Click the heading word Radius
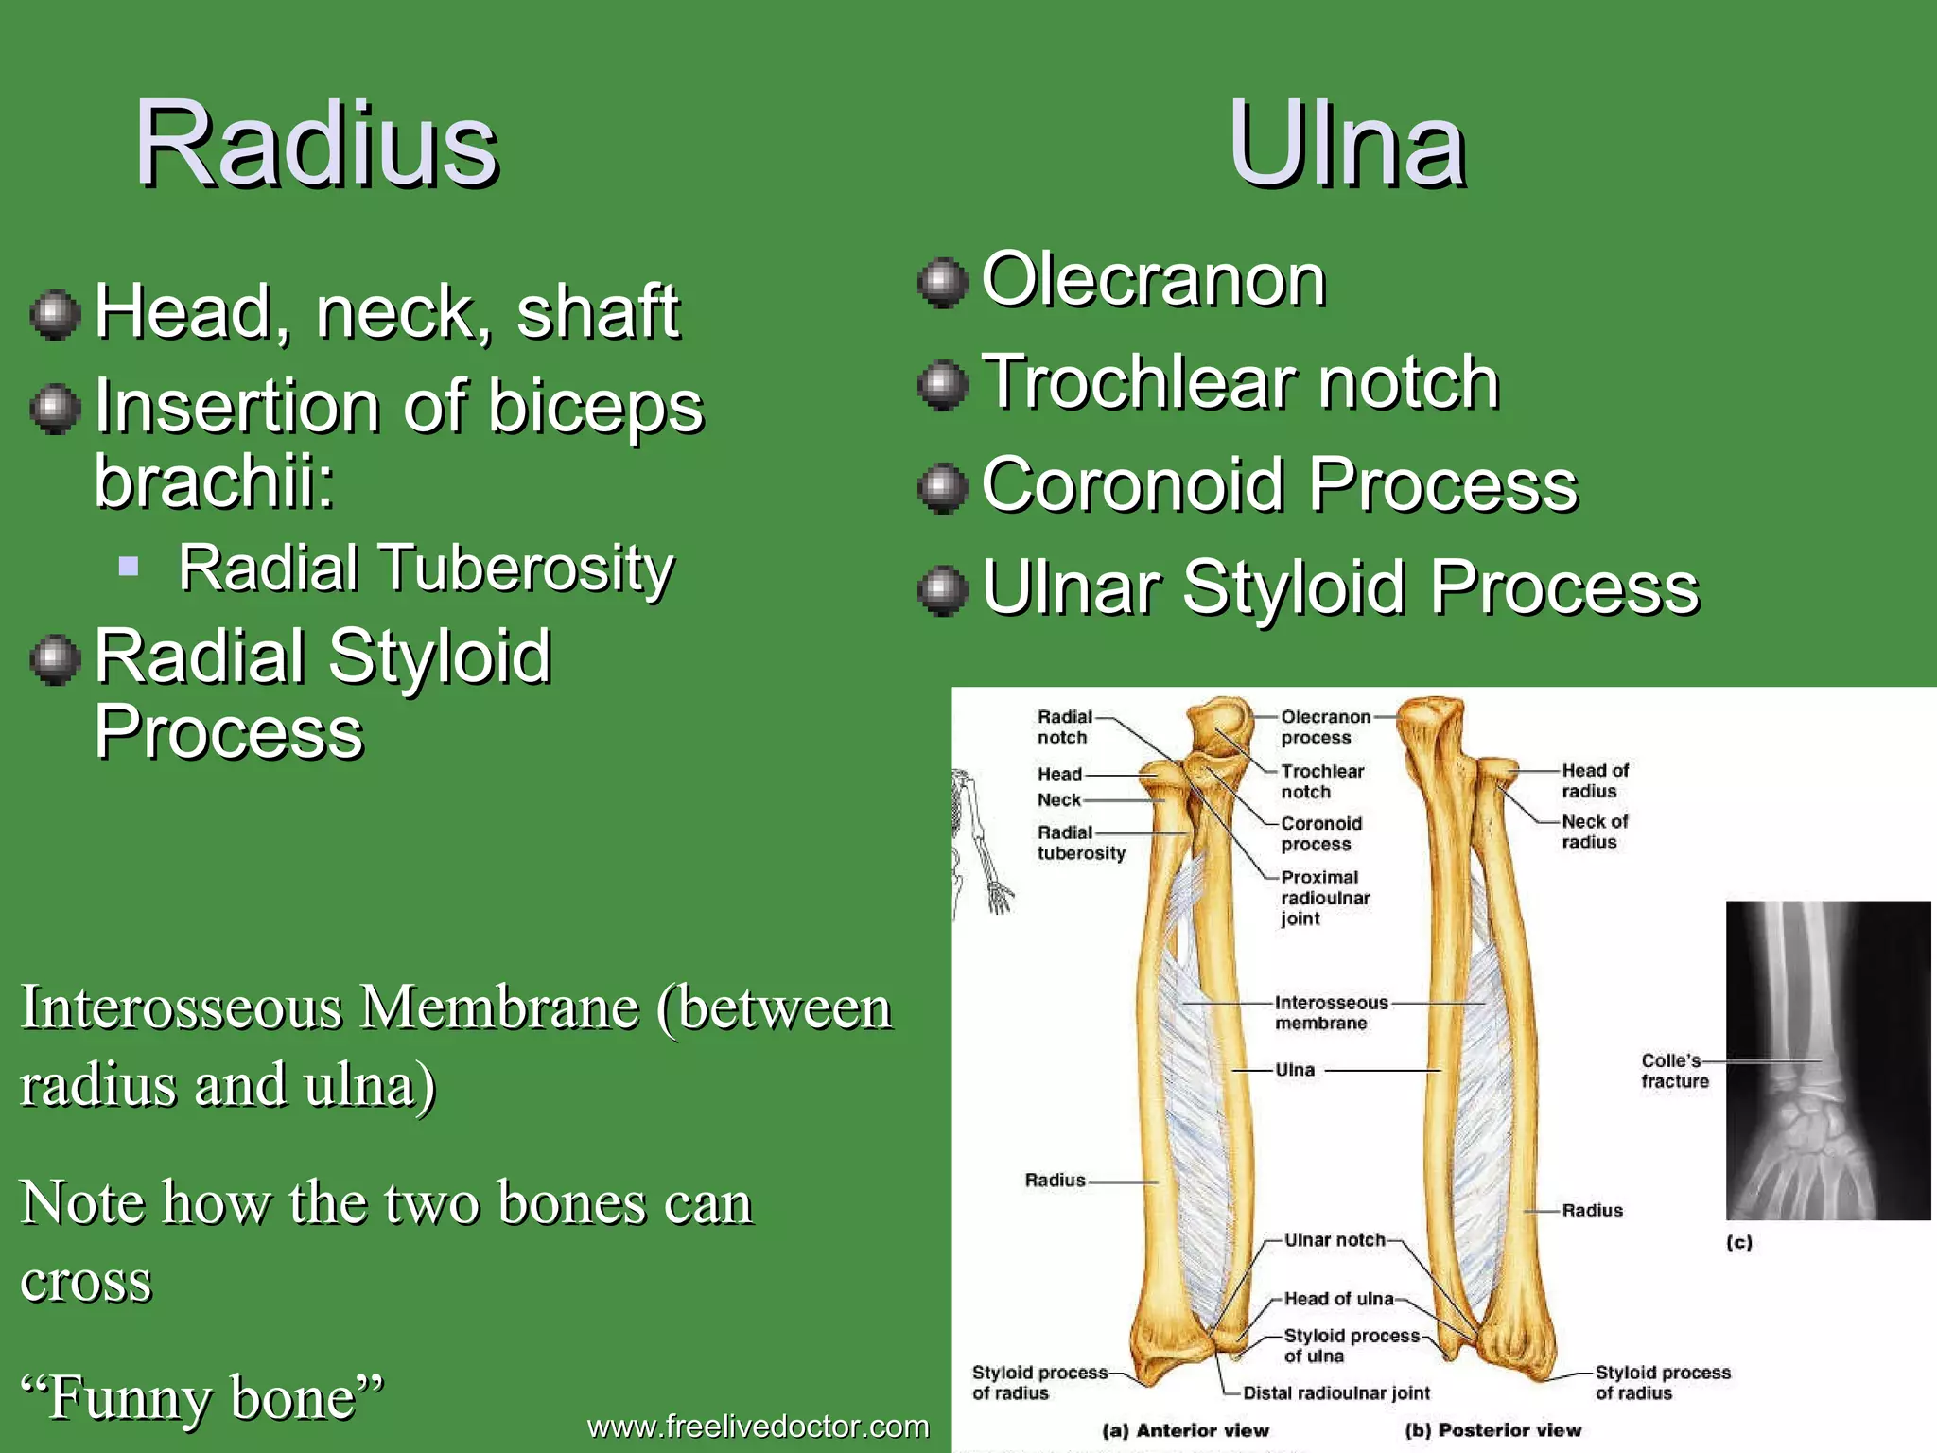316,144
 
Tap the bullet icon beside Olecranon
943,282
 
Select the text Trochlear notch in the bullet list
1240,382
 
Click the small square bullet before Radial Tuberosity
130,568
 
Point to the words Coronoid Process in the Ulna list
1279,484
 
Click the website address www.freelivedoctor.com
758,1426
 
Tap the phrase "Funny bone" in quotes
202,1397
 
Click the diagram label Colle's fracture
1673,1071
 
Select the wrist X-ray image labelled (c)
1827,1059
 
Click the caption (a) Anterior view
1185,1430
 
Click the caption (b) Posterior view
1492,1430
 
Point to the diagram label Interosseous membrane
1330,1012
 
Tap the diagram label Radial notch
1063,726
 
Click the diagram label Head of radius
1594,780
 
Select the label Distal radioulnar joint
1335,1392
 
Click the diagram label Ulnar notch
1334,1239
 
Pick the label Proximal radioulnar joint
1324,898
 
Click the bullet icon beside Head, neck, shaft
55,315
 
